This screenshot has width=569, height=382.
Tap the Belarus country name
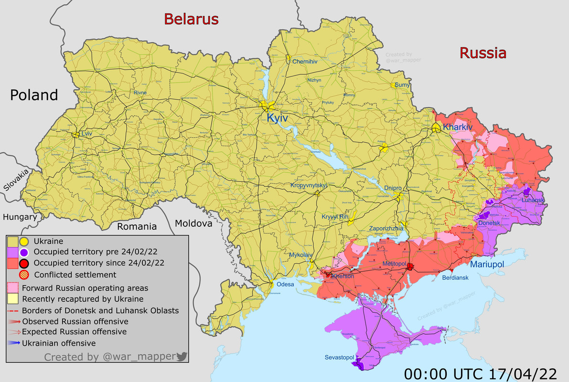(x=191, y=19)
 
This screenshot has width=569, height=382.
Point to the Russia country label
(x=483, y=53)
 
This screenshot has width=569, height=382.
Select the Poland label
(x=34, y=95)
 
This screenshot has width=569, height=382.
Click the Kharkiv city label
(x=457, y=127)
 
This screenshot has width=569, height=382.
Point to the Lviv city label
(x=86, y=134)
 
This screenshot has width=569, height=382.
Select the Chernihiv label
(x=305, y=62)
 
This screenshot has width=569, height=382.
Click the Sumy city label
(x=403, y=85)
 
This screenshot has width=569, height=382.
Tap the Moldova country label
(x=193, y=223)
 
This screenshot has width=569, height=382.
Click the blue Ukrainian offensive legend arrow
(x=14, y=343)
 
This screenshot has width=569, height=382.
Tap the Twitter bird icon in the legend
(x=182, y=356)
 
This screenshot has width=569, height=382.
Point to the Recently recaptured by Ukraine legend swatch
(x=13, y=299)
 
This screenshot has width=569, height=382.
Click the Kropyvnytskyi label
(x=308, y=185)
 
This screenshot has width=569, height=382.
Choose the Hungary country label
(x=20, y=217)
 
